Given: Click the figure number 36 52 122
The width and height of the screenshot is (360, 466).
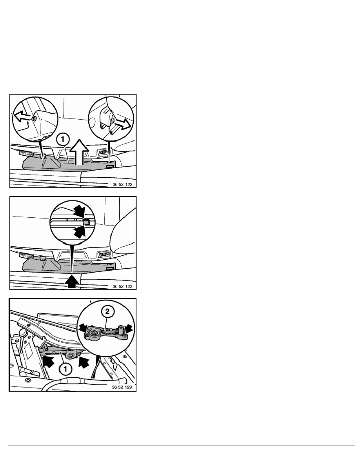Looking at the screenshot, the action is (122, 184).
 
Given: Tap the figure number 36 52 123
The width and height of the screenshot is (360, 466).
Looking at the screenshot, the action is (122, 286).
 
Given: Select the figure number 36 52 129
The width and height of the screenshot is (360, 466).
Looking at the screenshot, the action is (122, 387).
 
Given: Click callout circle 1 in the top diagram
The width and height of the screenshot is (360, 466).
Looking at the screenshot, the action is (63, 139).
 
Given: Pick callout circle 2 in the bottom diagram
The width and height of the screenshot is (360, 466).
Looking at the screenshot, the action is (107, 311).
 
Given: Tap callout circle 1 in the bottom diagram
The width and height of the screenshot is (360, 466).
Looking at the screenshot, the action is (65, 370).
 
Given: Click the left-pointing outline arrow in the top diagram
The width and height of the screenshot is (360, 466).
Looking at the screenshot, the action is (22, 116).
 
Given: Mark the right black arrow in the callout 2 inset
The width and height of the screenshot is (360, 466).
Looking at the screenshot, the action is (129, 328).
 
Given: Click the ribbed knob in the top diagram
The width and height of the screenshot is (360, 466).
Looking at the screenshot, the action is (26, 153).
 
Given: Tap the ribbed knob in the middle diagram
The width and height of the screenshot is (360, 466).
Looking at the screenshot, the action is (26, 256).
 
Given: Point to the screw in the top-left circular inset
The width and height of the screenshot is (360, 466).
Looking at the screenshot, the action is (35, 118).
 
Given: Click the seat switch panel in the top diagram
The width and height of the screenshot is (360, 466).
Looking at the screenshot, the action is (103, 152).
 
